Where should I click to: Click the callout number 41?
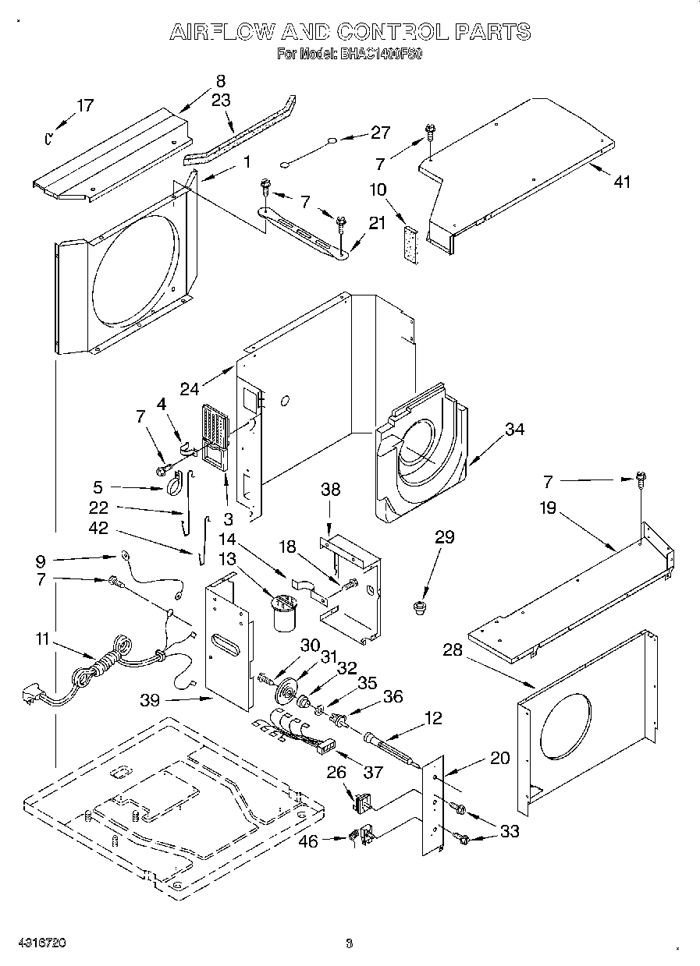coord(621,182)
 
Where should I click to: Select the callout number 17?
coord(85,106)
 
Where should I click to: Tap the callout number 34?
coord(513,429)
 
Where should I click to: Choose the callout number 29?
coord(444,537)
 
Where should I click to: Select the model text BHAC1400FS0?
coord(379,55)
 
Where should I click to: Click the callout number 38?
coord(331,490)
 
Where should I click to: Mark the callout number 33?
coord(509,832)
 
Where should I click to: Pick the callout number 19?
coord(548,508)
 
